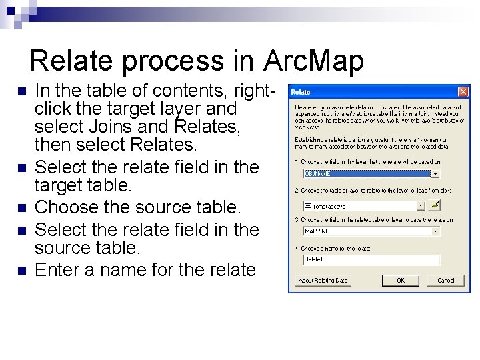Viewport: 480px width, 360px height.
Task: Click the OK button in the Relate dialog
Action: click(400, 281)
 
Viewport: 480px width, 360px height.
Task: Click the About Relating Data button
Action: click(323, 281)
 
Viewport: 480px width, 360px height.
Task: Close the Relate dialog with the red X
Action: click(463, 92)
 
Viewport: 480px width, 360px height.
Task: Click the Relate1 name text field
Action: click(371, 260)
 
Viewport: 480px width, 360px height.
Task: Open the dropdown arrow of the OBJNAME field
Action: click(435, 173)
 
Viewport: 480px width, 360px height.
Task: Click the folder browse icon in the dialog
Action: click(435, 206)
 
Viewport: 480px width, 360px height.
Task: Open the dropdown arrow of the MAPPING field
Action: click(435, 231)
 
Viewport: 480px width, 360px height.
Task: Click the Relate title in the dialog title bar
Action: click(301, 92)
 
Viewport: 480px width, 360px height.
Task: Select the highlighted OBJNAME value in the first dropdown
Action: click(365, 173)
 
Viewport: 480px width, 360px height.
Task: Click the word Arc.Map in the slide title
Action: click(314, 61)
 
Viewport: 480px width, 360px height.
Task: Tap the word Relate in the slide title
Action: click(70, 61)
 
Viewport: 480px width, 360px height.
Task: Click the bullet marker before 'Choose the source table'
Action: click(21, 207)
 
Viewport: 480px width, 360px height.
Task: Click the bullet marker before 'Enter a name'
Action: click(21, 270)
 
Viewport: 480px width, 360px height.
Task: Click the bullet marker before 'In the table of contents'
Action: click(21, 90)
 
